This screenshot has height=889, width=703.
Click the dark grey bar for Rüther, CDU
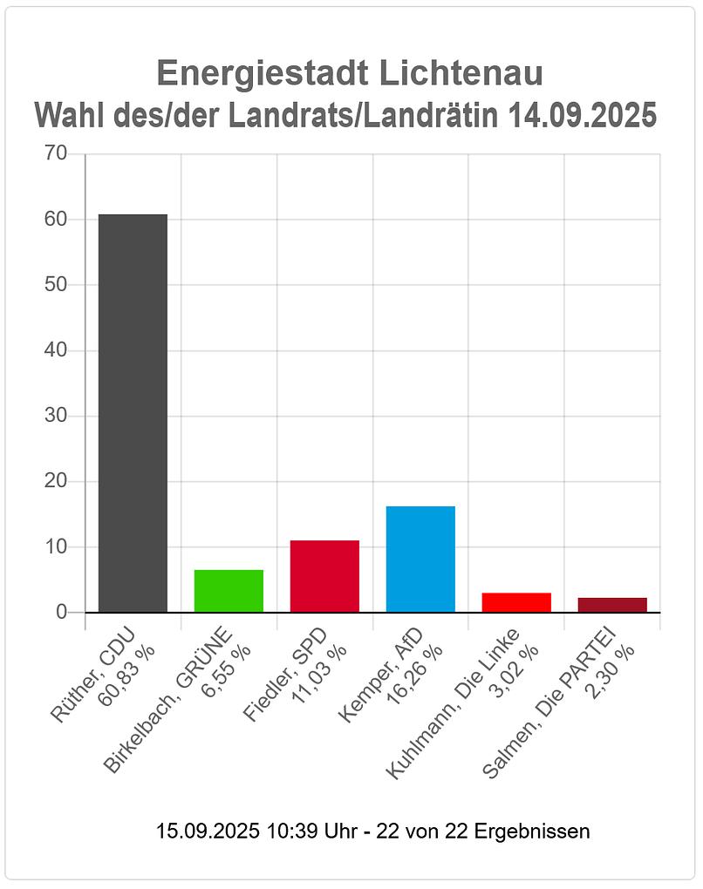coord(133,413)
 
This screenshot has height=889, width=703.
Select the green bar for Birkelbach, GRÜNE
coord(229,591)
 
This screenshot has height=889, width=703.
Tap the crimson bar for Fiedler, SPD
coord(324,576)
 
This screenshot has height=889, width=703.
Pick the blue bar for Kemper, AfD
coord(420,559)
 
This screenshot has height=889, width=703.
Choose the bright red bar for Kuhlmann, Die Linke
coord(516,602)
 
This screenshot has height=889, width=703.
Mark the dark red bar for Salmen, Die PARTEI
coord(612,605)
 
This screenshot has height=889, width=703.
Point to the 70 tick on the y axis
coord(56,154)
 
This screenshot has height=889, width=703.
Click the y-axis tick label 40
coord(56,350)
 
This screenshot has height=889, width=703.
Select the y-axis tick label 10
coord(56,546)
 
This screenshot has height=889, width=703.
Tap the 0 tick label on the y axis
coord(61,612)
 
